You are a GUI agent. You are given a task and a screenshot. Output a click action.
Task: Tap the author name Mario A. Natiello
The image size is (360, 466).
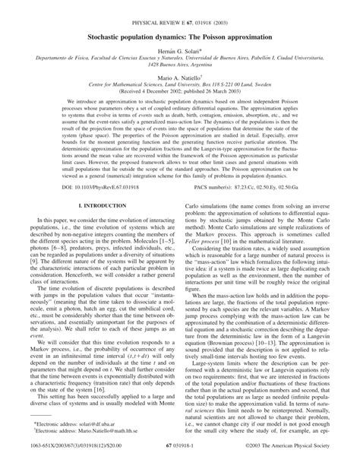tap(179, 77)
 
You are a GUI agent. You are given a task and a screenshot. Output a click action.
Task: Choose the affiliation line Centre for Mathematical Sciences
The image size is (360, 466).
tap(179, 87)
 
